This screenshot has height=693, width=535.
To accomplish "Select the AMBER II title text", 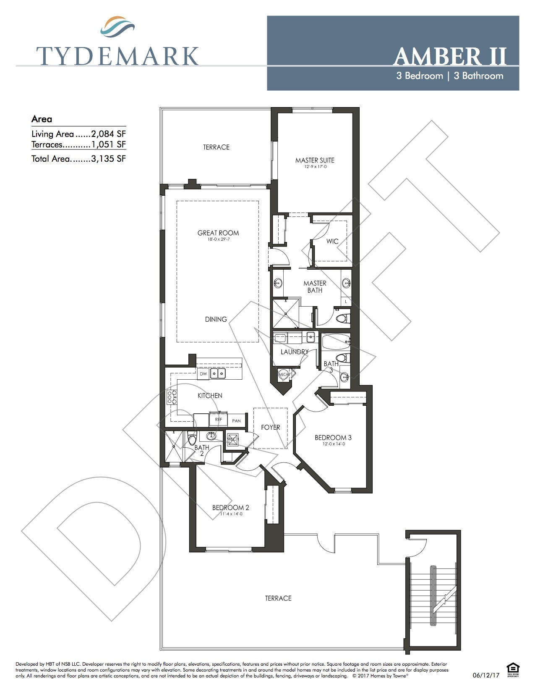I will [x=450, y=56].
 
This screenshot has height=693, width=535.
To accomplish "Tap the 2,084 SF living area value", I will [x=108, y=134].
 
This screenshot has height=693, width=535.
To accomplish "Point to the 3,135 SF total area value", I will [x=108, y=159].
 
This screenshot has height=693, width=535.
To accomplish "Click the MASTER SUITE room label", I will [x=315, y=160].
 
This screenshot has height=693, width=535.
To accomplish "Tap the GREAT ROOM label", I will [x=218, y=233].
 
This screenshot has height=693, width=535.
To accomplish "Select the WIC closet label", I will [x=332, y=241].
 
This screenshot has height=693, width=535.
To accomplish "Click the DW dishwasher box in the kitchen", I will [x=204, y=373].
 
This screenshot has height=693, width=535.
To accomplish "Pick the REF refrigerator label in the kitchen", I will [x=218, y=420].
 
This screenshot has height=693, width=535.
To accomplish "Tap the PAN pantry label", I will [x=237, y=420].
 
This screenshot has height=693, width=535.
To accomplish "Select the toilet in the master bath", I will [x=343, y=318].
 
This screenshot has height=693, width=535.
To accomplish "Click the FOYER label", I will [x=270, y=428].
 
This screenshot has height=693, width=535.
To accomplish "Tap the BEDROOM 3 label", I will [x=333, y=438].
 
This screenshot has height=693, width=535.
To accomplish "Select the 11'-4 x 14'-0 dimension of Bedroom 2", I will [x=230, y=514].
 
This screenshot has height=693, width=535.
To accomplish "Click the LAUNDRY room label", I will [x=294, y=352].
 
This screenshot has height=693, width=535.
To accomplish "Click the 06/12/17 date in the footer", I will [x=486, y=676].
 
